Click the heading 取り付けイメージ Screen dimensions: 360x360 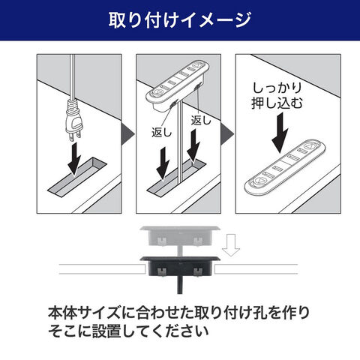(180, 20)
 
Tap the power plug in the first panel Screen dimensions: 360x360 (73, 119)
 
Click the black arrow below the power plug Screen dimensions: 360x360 (75, 158)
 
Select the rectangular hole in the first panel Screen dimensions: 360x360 (77, 177)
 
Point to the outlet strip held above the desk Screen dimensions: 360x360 (178, 85)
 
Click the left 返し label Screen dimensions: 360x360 (161, 133)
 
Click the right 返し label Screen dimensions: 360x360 (201, 120)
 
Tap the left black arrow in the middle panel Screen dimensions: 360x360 (163, 163)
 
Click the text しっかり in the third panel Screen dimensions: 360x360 (277, 88)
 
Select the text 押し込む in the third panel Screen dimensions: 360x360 (277, 103)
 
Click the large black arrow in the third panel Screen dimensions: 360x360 (280, 133)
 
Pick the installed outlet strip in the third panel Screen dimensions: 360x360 (284, 167)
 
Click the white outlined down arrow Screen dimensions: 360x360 (231, 245)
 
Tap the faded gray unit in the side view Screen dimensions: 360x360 (180, 236)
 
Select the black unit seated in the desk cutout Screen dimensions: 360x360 (180, 266)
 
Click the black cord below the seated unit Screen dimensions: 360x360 (180, 285)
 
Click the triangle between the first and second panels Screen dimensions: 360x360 (127, 134)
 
